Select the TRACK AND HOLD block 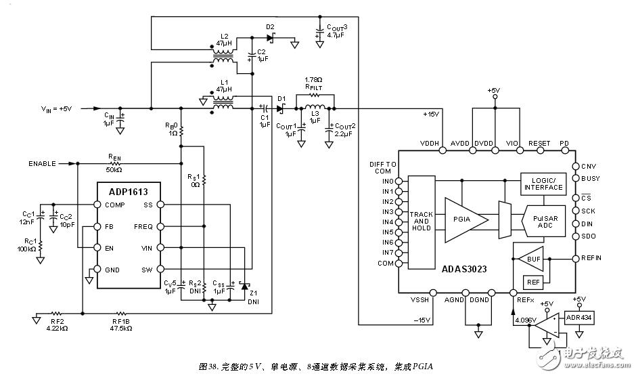(x=422, y=220)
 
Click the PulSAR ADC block (x=543, y=222)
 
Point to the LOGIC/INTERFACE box (x=543, y=184)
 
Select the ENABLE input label (x=43, y=163)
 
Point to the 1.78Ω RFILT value (x=313, y=79)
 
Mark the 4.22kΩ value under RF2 (x=58, y=328)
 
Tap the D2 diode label (x=270, y=27)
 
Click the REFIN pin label (x=591, y=257)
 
